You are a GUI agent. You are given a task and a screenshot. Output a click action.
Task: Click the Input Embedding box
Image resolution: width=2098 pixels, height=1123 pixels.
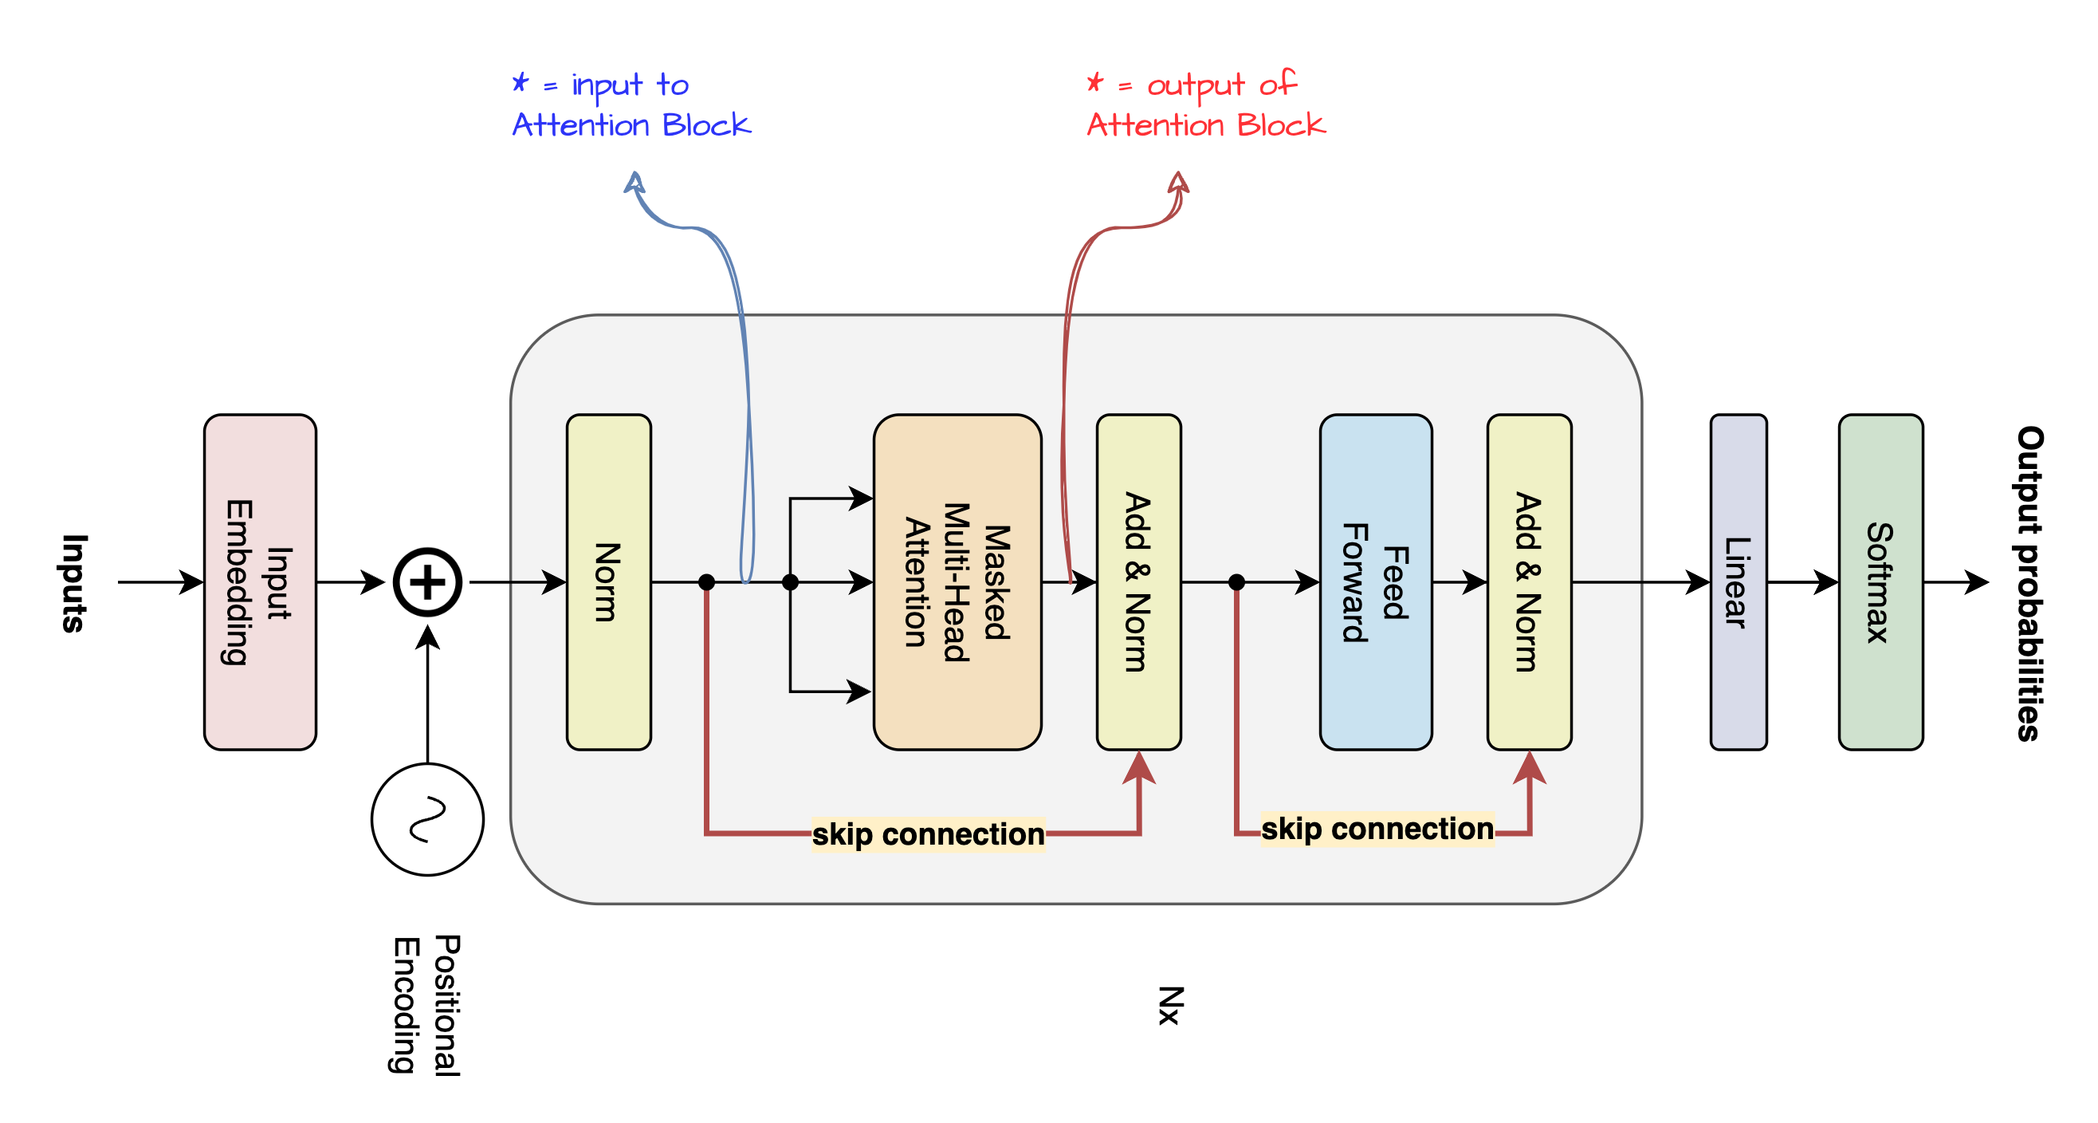tap(260, 582)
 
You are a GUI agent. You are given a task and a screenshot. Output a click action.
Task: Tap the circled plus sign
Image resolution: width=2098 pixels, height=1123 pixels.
tap(427, 582)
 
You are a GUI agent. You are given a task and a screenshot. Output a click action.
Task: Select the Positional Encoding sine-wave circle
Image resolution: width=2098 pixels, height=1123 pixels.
tap(427, 819)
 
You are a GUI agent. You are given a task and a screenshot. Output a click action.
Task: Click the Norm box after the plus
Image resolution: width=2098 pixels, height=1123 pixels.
tap(608, 582)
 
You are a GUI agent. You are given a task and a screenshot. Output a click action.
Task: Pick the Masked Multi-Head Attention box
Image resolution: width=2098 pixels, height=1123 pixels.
tap(957, 582)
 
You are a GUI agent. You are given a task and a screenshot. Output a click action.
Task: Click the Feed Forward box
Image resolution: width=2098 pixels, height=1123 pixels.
tap(1376, 582)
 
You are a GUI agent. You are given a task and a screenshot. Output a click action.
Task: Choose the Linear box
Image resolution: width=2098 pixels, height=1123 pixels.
tap(1738, 582)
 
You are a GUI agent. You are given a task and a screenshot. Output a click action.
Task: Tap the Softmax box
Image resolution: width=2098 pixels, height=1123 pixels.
tap(1880, 582)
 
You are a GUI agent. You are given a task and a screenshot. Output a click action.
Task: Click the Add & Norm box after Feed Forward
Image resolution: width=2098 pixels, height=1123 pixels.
tap(1529, 582)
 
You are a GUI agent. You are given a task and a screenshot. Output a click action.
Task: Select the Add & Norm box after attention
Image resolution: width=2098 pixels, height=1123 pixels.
tap(1138, 582)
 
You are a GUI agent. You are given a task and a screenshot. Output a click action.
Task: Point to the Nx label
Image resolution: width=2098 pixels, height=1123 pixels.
tap(1170, 1005)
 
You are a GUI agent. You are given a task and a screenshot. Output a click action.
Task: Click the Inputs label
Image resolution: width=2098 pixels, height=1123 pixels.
tap(73, 584)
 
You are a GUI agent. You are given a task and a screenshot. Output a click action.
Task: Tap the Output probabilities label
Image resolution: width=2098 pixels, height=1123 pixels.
tap(2029, 584)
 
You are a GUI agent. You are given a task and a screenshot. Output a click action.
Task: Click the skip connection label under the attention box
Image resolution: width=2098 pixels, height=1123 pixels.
tap(928, 834)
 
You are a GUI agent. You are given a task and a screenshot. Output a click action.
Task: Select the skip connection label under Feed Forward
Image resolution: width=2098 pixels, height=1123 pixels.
tap(1377, 829)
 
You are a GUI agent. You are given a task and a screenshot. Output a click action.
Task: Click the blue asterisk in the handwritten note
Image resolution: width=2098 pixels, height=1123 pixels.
tap(521, 82)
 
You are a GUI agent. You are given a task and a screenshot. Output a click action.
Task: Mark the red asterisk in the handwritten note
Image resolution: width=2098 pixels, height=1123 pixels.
tap(1095, 82)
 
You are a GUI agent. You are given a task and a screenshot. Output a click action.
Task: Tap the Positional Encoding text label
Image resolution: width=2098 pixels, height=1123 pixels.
tap(426, 1005)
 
